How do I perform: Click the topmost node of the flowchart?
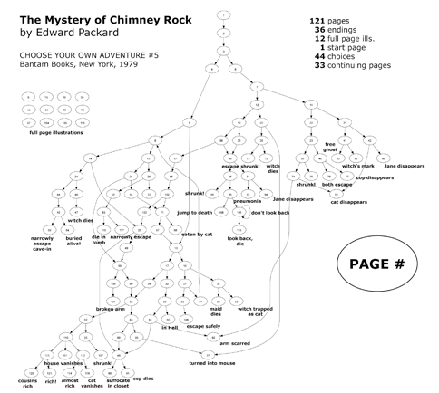[x=223, y=15]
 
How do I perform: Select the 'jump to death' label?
[x=194, y=212]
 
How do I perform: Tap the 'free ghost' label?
[x=330, y=147]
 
